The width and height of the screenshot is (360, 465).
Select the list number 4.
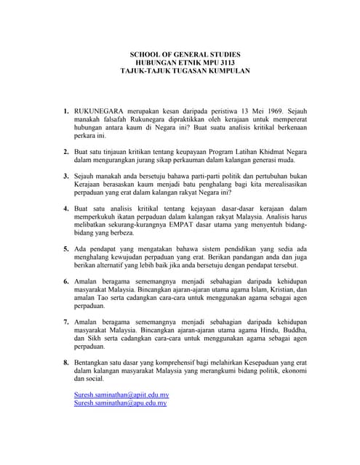(x=65, y=208)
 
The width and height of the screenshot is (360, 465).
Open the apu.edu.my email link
(x=120, y=403)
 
